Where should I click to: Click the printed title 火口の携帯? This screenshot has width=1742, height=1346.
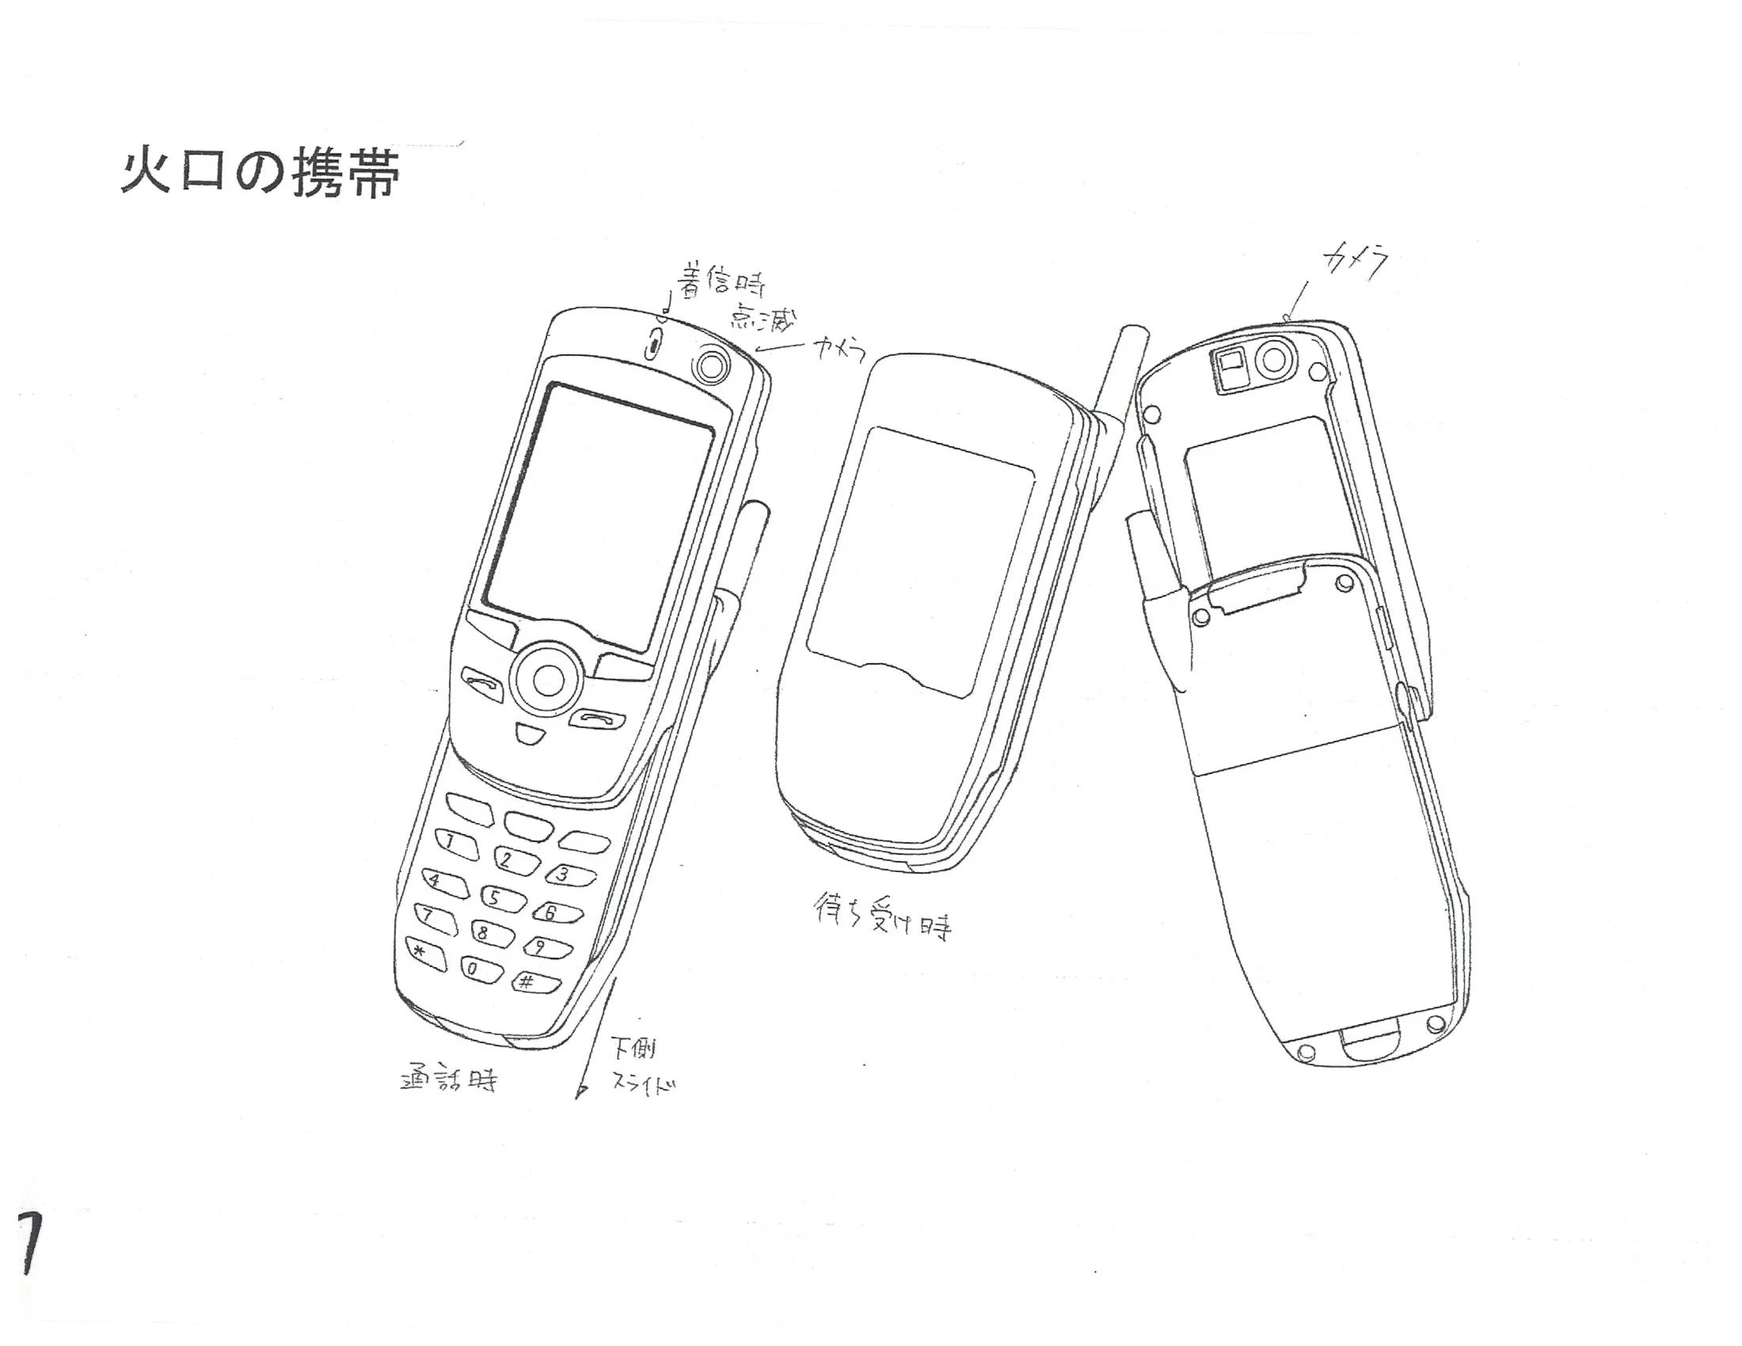click(259, 173)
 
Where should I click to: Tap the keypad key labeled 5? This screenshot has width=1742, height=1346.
click(500, 899)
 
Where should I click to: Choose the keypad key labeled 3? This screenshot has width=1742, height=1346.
click(569, 875)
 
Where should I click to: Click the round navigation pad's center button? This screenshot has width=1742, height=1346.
click(548, 679)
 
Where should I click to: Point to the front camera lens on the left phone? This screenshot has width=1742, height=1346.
click(710, 365)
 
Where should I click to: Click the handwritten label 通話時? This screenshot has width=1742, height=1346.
click(448, 1081)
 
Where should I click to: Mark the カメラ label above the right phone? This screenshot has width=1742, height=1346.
click(1356, 263)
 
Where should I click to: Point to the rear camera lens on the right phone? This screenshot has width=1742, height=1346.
click(1276, 360)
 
